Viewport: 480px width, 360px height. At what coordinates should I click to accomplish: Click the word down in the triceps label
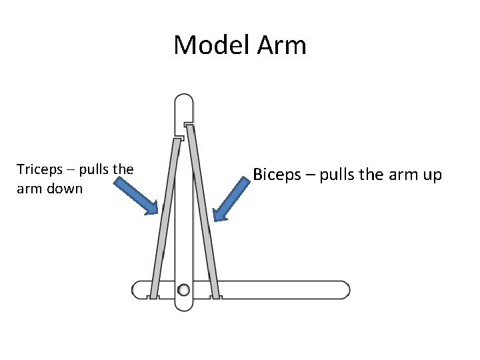65,189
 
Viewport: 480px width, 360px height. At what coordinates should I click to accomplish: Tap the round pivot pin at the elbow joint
183,290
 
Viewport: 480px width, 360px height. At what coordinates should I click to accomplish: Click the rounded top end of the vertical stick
183,105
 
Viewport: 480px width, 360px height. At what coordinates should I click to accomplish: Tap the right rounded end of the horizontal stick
341,290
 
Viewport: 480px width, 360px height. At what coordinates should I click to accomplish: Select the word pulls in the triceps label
91,169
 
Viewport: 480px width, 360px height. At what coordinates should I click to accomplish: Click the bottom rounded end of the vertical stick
183,305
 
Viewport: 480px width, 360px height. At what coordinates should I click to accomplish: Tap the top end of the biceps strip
190,128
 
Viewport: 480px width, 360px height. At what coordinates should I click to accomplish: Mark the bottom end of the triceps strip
154,293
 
